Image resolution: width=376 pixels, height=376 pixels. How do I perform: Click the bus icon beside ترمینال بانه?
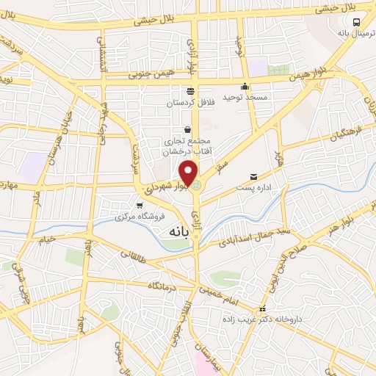(x=356, y=22)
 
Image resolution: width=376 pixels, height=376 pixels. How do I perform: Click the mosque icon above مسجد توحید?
(x=245, y=86)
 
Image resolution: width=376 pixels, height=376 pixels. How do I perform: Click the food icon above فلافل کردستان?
(x=190, y=91)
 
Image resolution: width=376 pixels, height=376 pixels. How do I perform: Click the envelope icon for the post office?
(x=254, y=177)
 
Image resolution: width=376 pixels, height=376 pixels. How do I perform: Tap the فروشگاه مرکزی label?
(x=142, y=217)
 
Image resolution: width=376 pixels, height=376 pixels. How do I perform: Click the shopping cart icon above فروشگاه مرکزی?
(x=140, y=206)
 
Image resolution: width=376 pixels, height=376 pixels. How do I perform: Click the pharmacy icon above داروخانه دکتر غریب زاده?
(x=263, y=309)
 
